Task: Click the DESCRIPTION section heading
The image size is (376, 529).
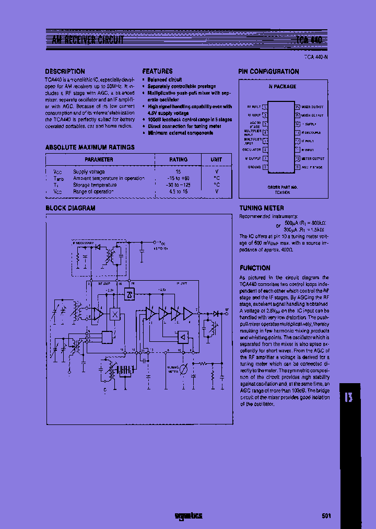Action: (x=65, y=71)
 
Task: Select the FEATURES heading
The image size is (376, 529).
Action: (x=157, y=71)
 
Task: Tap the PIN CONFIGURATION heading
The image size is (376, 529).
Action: (x=268, y=71)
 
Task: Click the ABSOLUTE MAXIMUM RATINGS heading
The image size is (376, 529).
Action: (x=90, y=147)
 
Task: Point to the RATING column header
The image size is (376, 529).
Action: (x=178, y=159)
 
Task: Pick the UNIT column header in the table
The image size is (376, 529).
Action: (x=216, y=159)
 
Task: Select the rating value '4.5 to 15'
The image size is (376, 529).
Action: (x=178, y=191)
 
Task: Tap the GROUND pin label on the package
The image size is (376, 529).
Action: (x=254, y=167)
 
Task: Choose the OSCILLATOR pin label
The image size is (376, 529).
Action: (x=252, y=149)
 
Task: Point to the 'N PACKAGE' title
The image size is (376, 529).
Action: (x=282, y=86)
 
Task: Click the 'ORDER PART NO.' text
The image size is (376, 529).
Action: (x=282, y=187)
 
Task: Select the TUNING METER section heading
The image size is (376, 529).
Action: (x=262, y=208)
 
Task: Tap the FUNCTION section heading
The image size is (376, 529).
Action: (x=255, y=268)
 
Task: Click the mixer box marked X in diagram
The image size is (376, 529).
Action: (x=114, y=314)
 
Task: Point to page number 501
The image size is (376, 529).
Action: (x=326, y=516)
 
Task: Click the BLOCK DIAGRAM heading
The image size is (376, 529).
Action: (x=70, y=208)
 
